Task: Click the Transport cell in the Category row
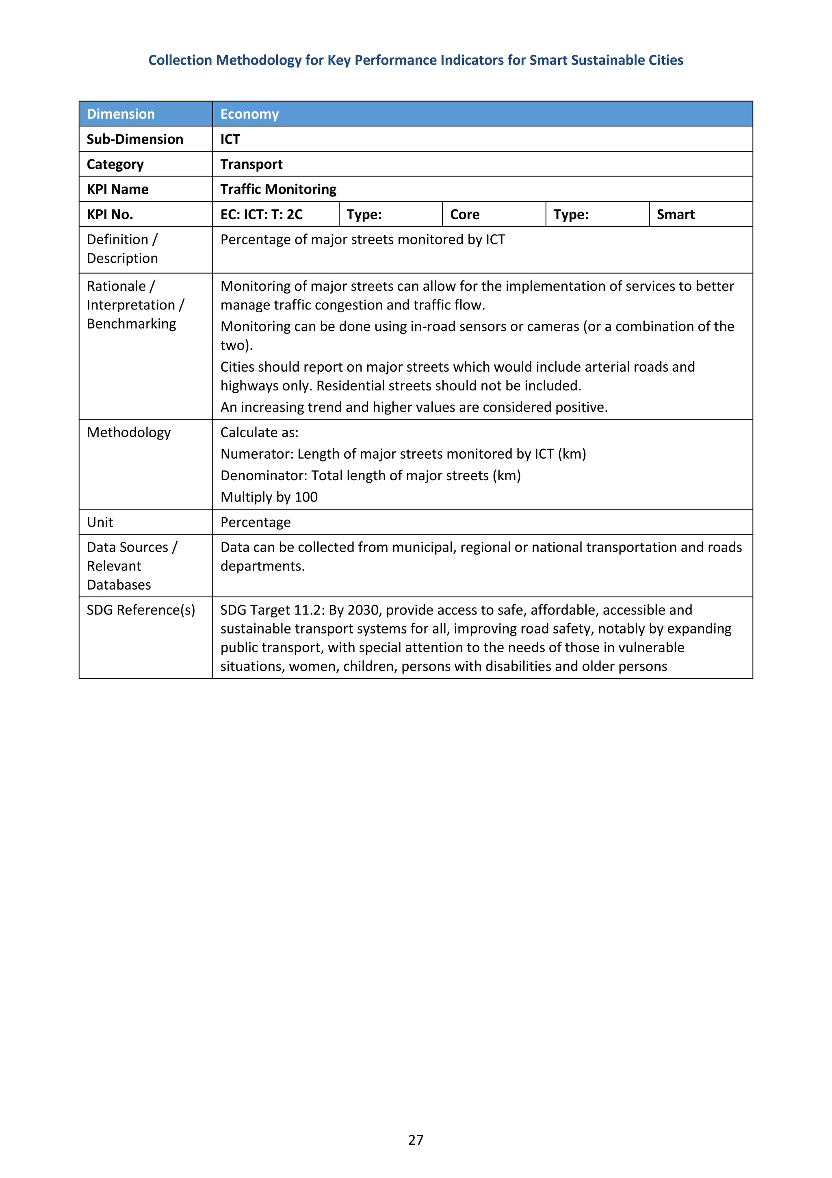(x=251, y=164)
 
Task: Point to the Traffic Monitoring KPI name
(x=278, y=189)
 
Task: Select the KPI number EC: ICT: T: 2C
(x=262, y=214)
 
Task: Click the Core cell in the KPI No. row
(x=464, y=214)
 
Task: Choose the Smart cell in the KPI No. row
(x=675, y=214)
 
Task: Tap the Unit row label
(x=100, y=522)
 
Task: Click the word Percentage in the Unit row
(x=255, y=522)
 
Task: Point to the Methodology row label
(x=129, y=433)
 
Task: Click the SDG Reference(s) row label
(x=141, y=610)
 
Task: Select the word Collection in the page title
(x=180, y=61)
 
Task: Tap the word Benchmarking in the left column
(x=131, y=324)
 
